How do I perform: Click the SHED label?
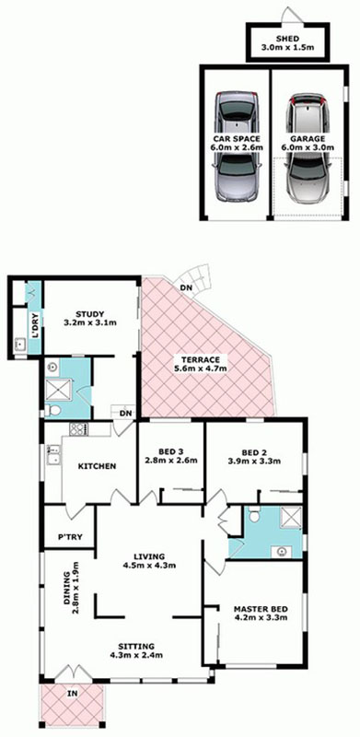point(285,39)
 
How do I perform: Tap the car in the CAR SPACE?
point(236,147)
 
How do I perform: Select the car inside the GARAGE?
point(308,148)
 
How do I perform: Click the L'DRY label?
point(34,322)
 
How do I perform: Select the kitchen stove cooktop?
point(76,428)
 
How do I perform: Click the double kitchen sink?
point(52,455)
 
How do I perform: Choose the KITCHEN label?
point(97,466)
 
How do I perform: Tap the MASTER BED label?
point(261,609)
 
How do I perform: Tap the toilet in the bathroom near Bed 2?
point(254,516)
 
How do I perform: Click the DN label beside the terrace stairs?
point(184,288)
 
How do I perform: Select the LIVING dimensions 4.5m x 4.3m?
point(147,566)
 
